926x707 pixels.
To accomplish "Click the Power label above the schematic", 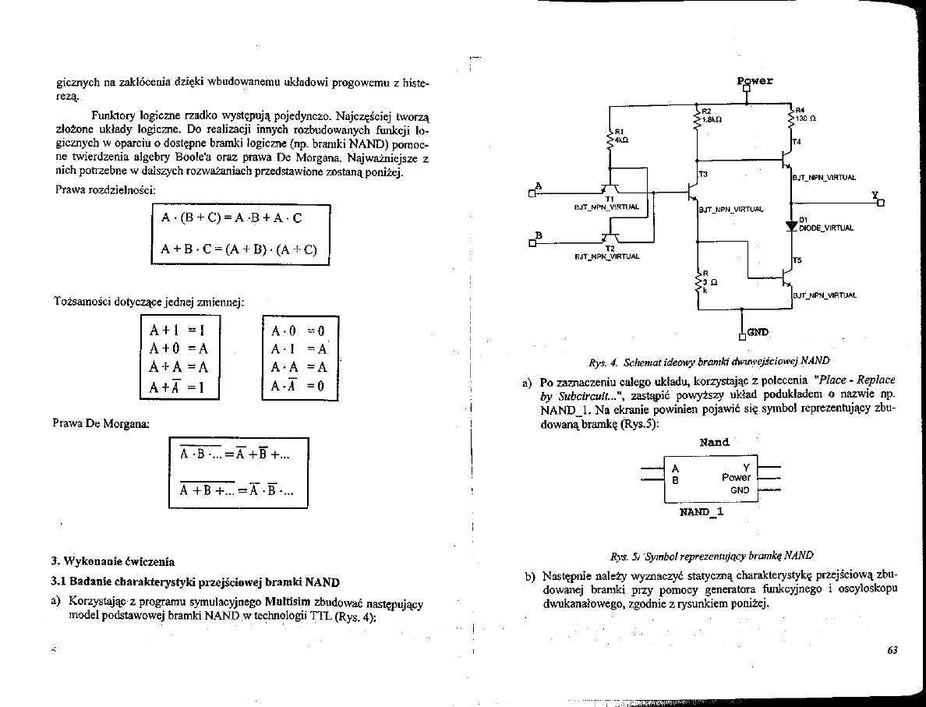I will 755,80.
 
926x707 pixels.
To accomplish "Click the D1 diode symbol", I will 792,224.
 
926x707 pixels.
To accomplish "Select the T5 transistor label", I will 797,260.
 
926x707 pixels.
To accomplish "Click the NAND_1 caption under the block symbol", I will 702,512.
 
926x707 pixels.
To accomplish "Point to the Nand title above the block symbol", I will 714,442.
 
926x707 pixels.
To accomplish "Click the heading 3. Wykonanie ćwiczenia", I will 113,561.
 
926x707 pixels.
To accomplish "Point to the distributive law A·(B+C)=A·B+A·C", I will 231,218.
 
